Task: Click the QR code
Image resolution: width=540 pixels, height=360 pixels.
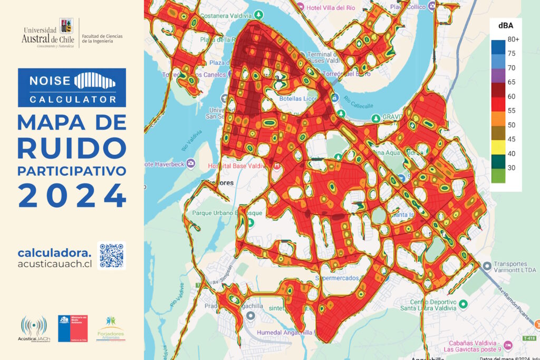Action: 112,256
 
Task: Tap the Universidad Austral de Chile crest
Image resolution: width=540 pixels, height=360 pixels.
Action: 67,26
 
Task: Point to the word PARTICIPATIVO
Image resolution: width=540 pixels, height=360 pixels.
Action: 72,171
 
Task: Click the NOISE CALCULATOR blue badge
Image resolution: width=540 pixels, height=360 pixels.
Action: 72,87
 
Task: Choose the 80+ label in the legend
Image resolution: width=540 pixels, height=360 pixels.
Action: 513,40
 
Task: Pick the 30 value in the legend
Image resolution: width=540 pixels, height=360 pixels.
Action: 511,168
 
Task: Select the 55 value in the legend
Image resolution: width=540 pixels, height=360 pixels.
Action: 511,111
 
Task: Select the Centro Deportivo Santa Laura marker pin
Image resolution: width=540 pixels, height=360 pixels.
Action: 464,304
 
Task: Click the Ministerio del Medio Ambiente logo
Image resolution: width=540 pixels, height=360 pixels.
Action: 73,328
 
